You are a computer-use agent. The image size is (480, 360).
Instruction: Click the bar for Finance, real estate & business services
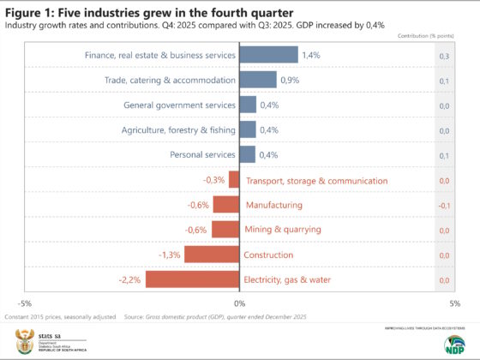[267, 55]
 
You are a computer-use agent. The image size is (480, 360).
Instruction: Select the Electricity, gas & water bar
[191, 279]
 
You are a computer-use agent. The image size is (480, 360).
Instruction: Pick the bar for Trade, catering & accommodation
[257, 80]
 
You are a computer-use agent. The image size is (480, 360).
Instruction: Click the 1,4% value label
[311, 55]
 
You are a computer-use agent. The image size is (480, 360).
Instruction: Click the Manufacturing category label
[273, 205]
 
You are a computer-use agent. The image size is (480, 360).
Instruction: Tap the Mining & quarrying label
[283, 230]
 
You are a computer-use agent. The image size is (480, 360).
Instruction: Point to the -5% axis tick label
[26, 303]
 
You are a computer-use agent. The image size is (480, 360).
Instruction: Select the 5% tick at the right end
[453, 303]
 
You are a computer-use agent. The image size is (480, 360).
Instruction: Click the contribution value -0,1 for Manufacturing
[444, 205]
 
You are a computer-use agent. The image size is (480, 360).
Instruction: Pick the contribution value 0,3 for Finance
[444, 55]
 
